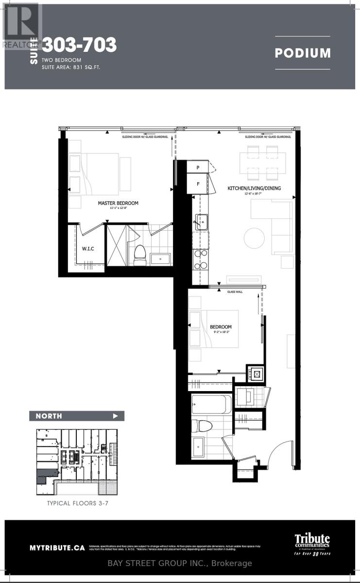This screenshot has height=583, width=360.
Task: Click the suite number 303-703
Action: coord(79,45)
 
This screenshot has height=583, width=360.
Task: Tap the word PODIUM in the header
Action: coord(302,53)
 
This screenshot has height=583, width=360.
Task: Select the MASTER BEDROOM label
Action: coord(118,203)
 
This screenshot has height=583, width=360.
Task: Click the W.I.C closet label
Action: coord(88,249)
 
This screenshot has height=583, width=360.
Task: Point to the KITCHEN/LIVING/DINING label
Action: coord(254,189)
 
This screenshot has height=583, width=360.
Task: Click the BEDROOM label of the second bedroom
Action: coord(221,327)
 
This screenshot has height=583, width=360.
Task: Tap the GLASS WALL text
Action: coord(235,292)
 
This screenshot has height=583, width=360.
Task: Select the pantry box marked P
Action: coord(198,168)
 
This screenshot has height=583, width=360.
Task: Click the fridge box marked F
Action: coord(198,185)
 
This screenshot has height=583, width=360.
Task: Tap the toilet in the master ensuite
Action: coord(140,253)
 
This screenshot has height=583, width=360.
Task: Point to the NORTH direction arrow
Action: coord(115,416)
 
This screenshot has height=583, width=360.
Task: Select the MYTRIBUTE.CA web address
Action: coord(57,548)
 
